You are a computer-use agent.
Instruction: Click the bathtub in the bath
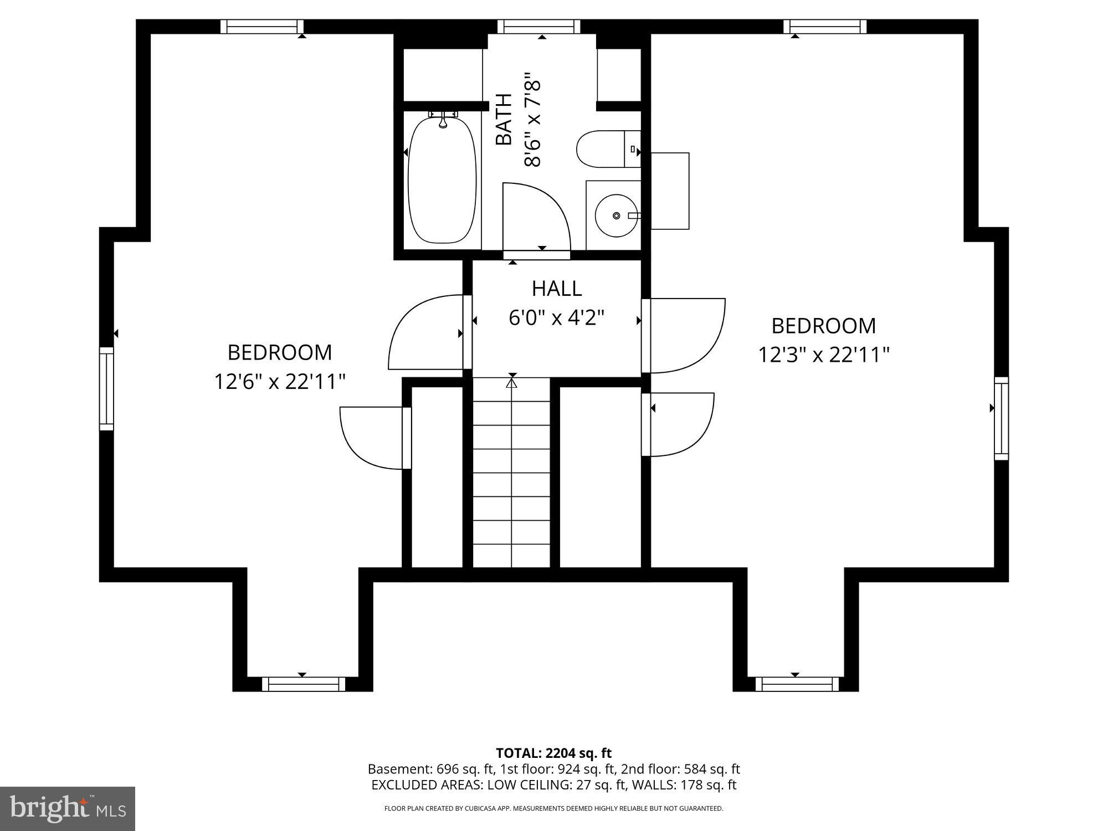pos(442,180)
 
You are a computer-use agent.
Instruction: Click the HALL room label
pos(556,289)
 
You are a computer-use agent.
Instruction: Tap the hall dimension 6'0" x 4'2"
pos(556,318)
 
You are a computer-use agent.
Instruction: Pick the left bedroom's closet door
pos(375,438)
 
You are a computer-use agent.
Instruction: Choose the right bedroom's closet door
pos(680,424)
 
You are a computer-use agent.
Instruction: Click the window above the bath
pos(538,27)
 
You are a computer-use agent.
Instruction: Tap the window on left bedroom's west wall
pos(106,388)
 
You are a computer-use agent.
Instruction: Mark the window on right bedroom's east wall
pos(1001,418)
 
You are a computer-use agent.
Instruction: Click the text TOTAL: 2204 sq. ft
pos(553,753)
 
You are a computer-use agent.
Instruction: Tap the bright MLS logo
pos(67,808)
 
